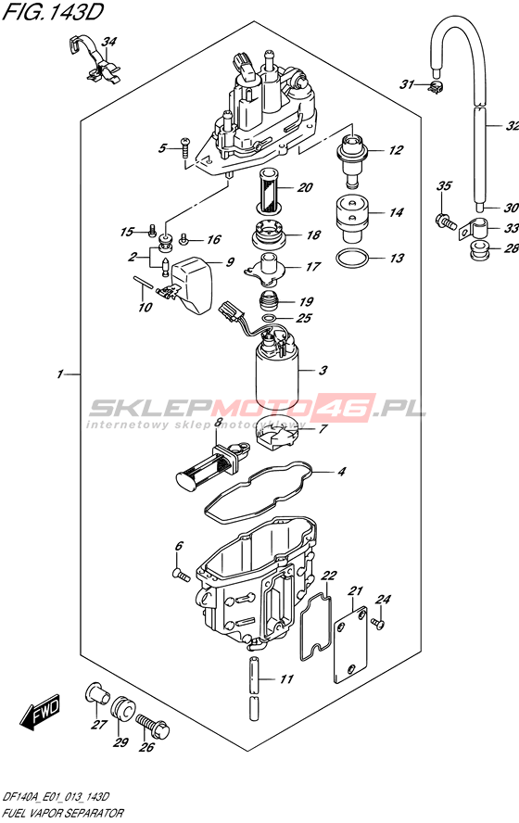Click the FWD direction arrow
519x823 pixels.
(x=39, y=713)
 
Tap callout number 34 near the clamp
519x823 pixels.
(x=109, y=42)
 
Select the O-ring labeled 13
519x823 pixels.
(x=352, y=258)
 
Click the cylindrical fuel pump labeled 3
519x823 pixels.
(x=277, y=374)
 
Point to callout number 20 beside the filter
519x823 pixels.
(x=306, y=187)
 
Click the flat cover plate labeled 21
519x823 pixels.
(x=350, y=645)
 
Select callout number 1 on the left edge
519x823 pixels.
(x=60, y=374)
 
